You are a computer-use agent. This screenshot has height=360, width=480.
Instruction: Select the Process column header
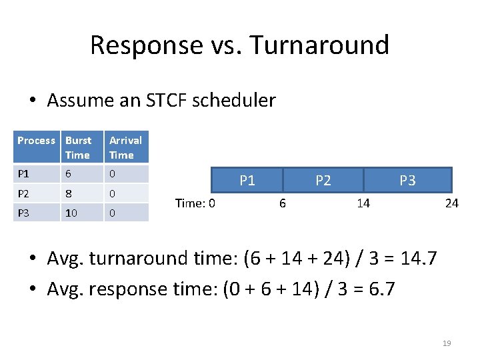36,141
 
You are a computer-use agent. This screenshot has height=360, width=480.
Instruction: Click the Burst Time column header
78,147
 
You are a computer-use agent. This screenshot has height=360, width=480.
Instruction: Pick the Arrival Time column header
125,147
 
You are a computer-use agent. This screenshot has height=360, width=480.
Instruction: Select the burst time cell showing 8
68,193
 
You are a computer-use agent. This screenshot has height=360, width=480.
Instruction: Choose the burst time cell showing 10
71,213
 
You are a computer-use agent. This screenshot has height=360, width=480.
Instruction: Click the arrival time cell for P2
113,193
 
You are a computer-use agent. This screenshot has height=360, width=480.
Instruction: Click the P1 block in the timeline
247,180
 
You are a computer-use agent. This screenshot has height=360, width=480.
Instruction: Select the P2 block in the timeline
323,180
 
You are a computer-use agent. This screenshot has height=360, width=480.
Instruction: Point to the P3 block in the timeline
407,180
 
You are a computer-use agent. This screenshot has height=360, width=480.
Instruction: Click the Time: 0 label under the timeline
195,203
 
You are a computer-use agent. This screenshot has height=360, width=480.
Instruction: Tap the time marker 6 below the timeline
282,203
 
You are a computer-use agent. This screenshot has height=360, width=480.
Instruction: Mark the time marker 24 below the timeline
451,203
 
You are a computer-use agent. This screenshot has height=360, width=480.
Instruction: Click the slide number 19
447,343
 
